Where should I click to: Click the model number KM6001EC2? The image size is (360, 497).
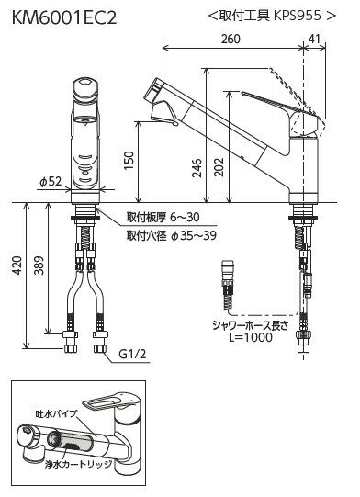tap(64, 17)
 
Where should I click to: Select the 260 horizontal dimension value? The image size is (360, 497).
tap(231, 39)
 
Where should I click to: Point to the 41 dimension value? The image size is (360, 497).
tap(314, 39)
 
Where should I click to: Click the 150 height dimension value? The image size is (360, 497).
tap(129, 161)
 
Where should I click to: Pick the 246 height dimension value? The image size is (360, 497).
tap(197, 168)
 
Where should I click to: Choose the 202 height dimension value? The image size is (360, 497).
tap(219, 167)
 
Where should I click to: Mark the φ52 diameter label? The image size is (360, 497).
tap(51, 182)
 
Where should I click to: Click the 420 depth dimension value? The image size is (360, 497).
tap(17, 265)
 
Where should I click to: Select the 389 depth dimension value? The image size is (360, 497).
tap(39, 265)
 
